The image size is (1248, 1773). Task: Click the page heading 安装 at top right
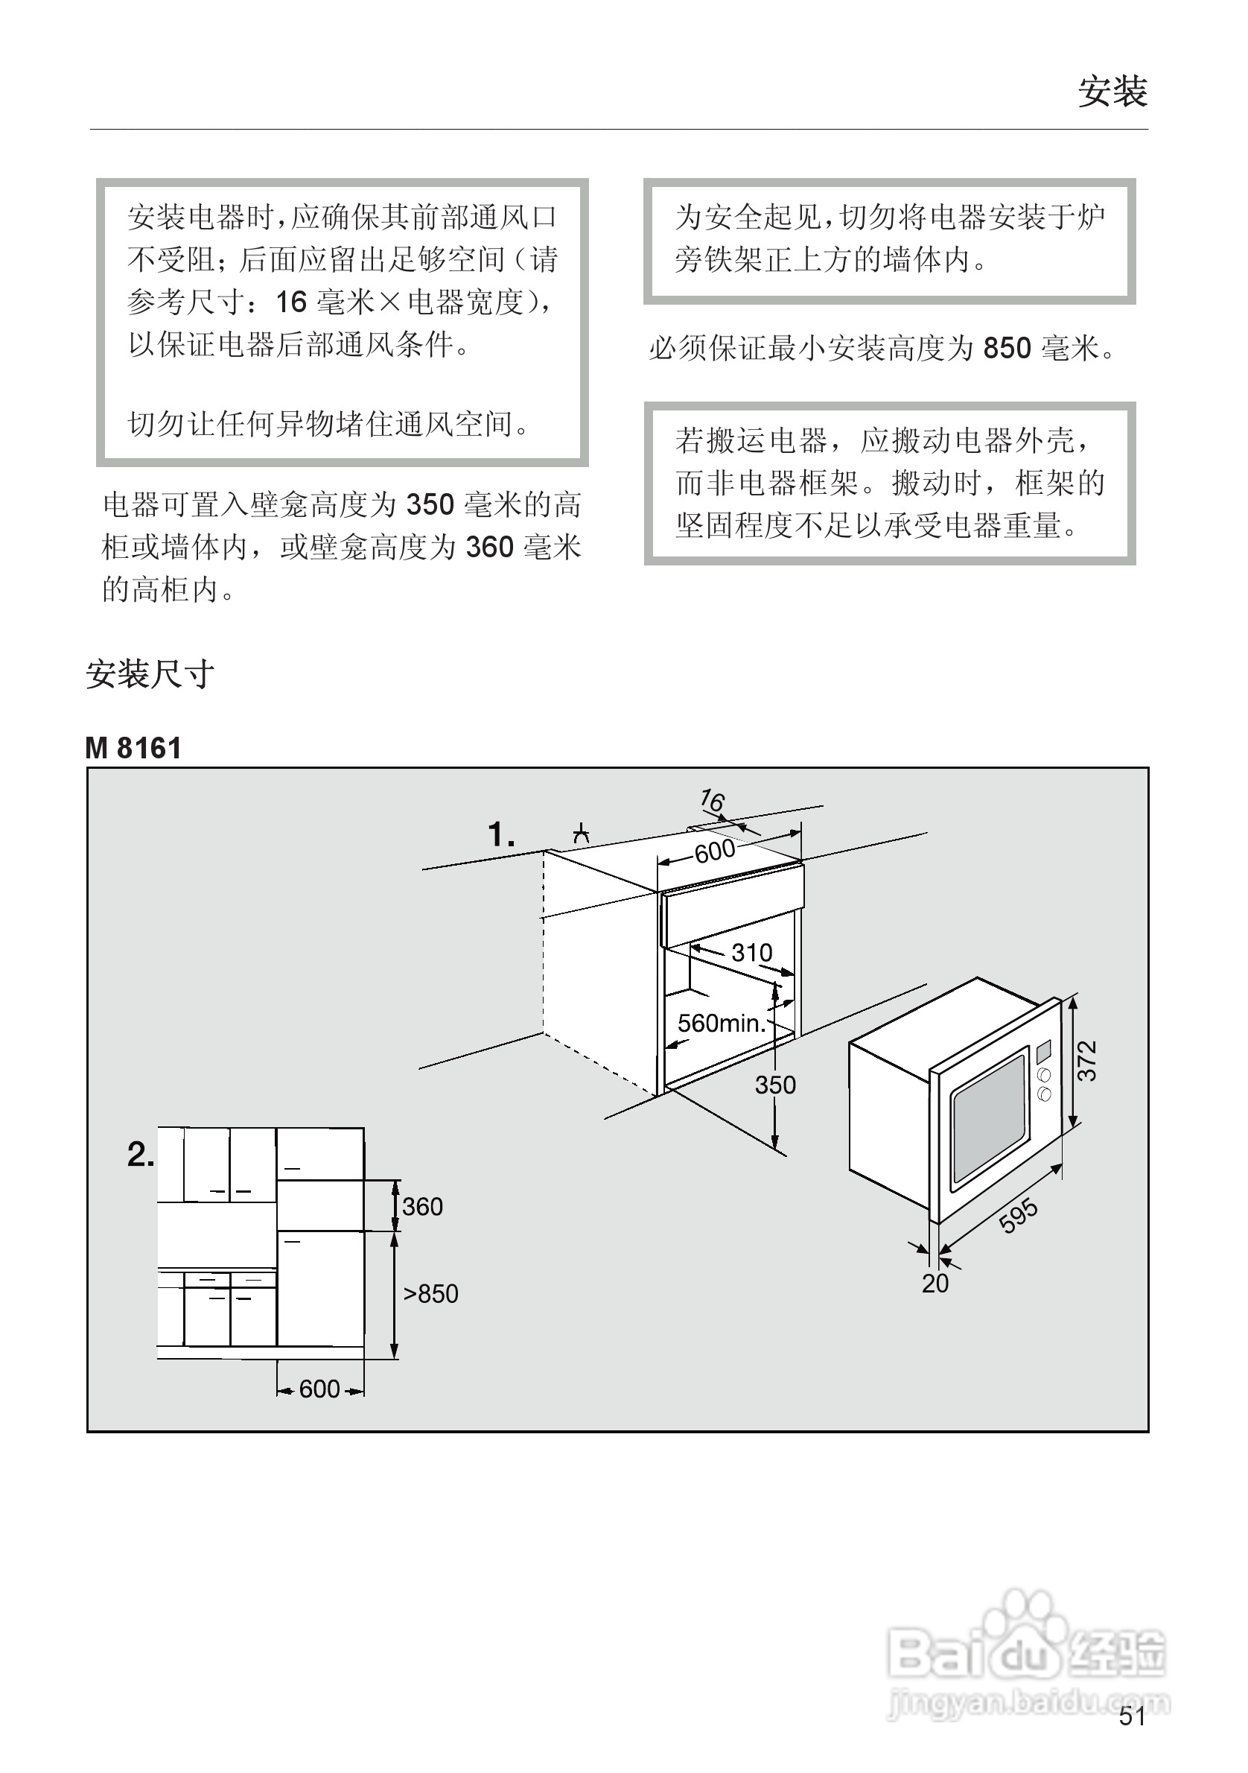point(1112,92)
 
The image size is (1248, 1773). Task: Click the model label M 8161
point(133,747)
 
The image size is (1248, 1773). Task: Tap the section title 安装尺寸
point(150,674)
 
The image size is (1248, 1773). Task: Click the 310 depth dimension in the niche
point(751,952)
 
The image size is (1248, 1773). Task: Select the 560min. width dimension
point(721,1023)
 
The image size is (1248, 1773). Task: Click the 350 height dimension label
point(775,1085)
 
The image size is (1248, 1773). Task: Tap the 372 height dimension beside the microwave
point(1086,1060)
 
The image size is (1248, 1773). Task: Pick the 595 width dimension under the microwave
point(1018,1217)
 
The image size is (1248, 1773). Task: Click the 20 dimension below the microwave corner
point(935,1283)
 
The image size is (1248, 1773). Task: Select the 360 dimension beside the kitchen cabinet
point(422,1206)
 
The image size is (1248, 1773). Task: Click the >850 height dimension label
point(430,1293)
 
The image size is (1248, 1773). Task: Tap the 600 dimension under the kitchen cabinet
point(319,1389)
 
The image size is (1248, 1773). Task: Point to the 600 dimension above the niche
point(714,851)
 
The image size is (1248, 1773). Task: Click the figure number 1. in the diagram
point(501,835)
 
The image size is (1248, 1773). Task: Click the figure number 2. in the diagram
point(141,1155)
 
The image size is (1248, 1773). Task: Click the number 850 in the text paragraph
point(1007,349)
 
